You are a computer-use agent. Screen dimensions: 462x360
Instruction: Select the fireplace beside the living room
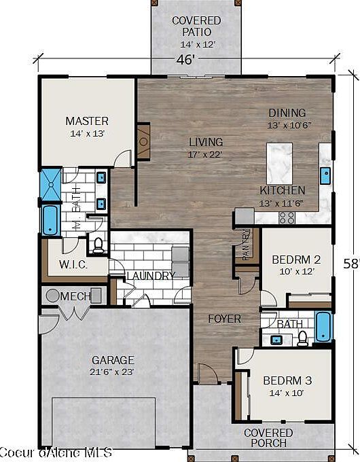[143, 141]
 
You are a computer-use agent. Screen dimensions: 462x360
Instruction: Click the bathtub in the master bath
[51, 220]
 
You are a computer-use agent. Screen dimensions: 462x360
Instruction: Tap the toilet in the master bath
[98, 244]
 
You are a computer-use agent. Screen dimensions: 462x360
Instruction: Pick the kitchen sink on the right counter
[325, 174]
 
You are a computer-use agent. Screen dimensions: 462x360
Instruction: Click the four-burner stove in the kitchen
[287, 217]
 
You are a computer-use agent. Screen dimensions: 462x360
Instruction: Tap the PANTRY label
[247, 245]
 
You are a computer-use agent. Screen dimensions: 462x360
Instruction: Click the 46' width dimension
[186, 59]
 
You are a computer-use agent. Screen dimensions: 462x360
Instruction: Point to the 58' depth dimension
[351, 264]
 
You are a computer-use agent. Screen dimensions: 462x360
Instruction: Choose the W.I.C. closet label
[73, 264]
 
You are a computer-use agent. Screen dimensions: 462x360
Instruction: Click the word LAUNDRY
[151, 275]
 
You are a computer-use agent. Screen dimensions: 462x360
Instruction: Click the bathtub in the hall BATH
[323, 327]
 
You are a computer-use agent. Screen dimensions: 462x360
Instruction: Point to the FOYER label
[223, 317]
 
